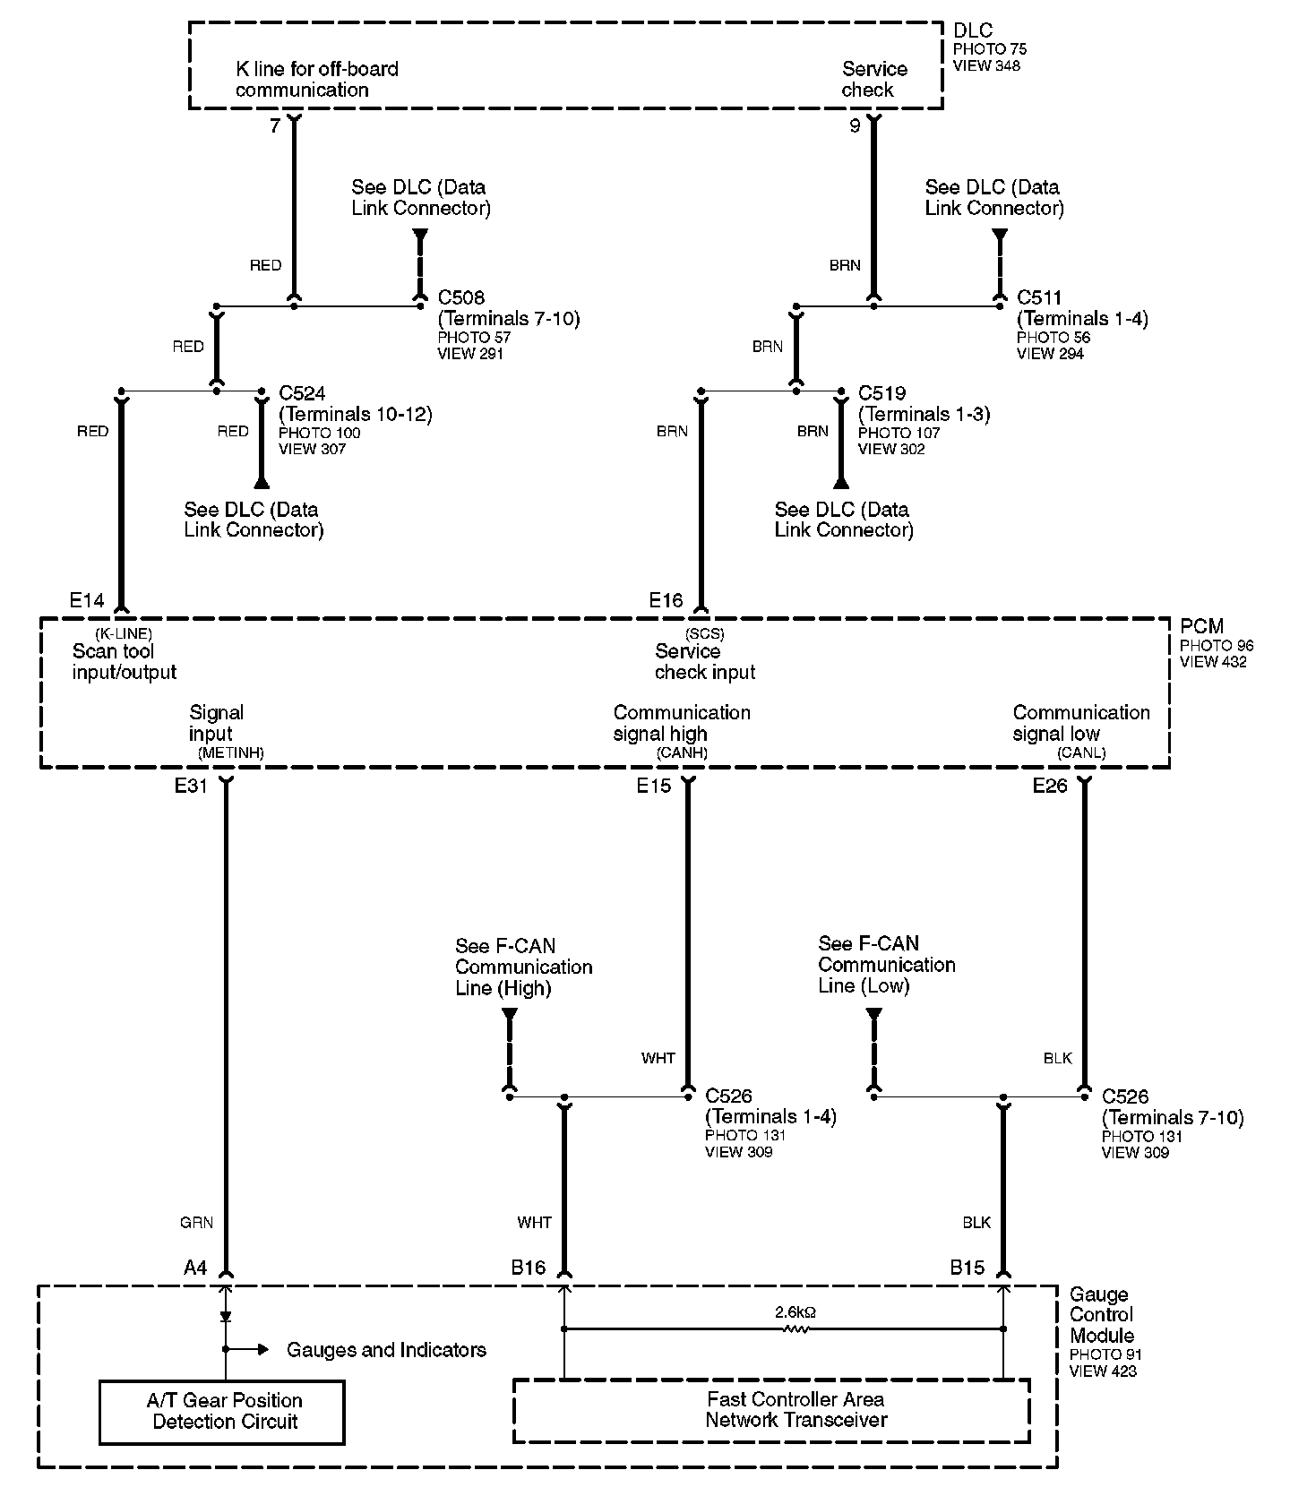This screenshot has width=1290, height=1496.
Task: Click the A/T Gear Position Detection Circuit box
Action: tap(221, 1411)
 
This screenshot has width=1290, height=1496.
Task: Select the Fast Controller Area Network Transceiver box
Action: tap(770, 1410)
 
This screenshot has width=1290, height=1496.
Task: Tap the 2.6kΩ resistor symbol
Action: tap(795, 1329)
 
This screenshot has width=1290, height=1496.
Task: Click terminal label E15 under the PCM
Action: tap(653, 786)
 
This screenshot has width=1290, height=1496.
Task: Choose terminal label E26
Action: tap(1050, 786)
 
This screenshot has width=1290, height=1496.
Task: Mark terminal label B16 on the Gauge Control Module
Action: tap(528, 1268)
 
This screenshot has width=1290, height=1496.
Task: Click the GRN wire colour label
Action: tap(196, 1222)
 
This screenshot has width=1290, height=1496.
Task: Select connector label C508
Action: tap(462, 297)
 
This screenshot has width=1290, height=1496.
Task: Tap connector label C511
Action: tap(1039, 297)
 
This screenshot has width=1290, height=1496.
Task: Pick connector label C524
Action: tap(303, 393)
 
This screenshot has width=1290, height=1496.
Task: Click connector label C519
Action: tap(881, 393)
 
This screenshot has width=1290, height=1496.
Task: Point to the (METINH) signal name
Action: tap(230, 752)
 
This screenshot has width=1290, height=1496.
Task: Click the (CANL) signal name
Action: tap(1081, 752)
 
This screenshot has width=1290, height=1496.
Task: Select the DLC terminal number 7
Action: tap(275, 126)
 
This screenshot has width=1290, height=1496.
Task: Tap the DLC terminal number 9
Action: tap(855, 126)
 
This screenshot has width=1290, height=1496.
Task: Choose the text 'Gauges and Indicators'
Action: tap(386, 1350)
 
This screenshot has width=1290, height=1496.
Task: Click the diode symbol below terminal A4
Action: tap(225, 1317)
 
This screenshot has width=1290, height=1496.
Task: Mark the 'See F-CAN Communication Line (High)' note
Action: tap(523, 967)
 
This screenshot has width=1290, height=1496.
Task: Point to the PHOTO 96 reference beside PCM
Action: tap(1216, 646)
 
